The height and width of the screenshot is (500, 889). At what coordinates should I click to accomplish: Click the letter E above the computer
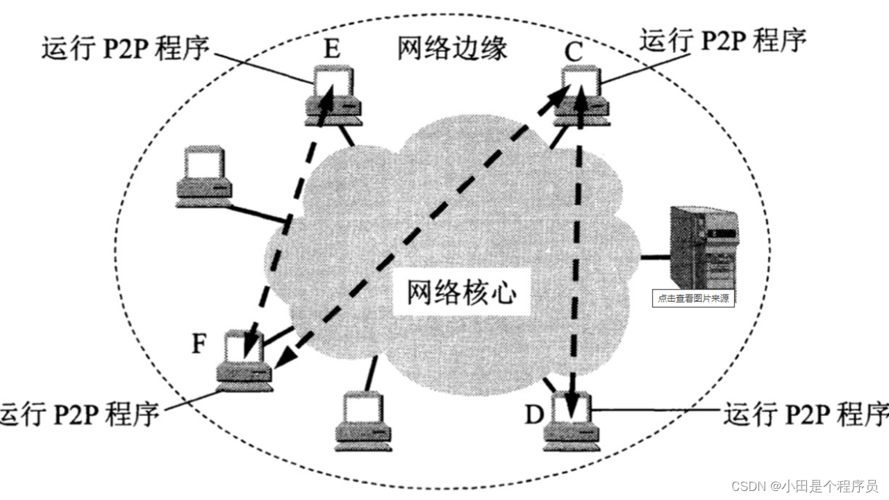(332, 50)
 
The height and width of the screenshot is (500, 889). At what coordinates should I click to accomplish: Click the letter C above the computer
(574, 51)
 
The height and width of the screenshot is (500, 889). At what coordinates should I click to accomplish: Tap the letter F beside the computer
(199, 344)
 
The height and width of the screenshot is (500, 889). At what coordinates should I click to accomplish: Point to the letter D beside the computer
(533, 415)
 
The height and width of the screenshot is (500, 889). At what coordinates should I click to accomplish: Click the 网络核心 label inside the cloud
(462, 294)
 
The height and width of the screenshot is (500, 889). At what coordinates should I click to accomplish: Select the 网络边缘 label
(452, 49)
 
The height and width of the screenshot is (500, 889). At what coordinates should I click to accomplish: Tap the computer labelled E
(332, 96)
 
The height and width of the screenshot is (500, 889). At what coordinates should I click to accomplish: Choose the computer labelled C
(582, 96)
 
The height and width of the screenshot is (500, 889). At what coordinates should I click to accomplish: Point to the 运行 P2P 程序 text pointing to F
(80, 413)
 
